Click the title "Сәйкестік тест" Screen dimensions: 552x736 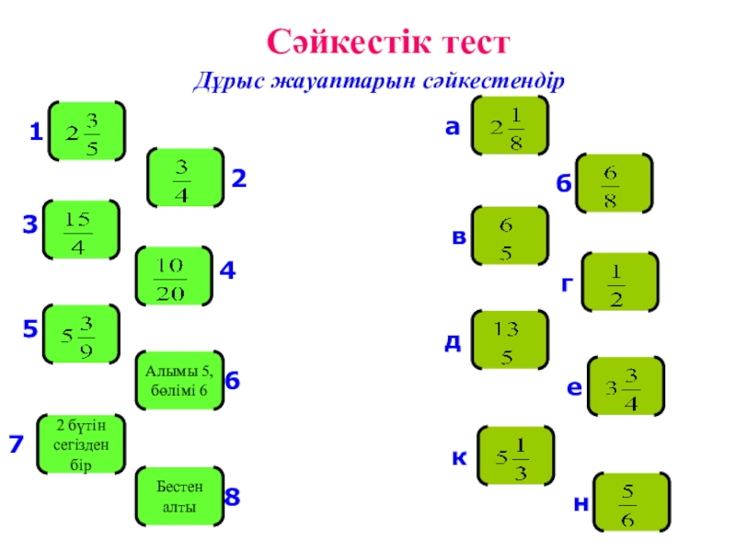(387, 41)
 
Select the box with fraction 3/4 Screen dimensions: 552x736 (185, 177)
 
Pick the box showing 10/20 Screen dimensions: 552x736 (173, 276)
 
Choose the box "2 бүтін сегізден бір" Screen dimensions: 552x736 (81, 445)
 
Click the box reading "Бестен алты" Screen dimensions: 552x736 (178, 496)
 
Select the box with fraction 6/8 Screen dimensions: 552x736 (613, 183)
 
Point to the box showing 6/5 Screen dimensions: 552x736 (509, 237)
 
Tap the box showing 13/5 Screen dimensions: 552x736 (509, 340)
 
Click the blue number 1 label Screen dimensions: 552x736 (35, 134)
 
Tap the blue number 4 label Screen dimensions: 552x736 (228, 271)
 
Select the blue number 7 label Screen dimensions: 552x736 (16, 445)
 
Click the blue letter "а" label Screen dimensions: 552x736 (452, 130)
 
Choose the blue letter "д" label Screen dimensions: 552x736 (453, 342)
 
